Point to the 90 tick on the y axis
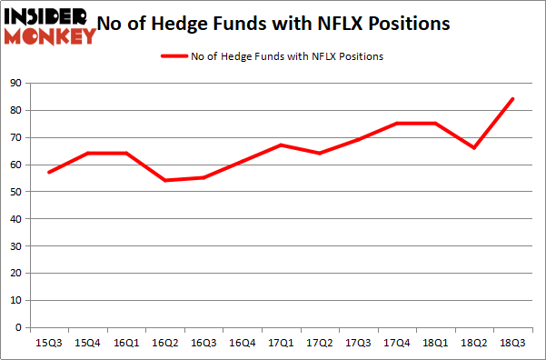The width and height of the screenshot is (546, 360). (x=16, y=84)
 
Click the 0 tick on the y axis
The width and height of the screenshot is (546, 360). (x=19, y=328)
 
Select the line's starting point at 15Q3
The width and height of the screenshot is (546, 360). (x=49, y=173)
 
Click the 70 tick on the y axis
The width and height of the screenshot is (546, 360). (x=16, y=138)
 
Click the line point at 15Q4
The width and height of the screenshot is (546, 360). (x=88, y=154)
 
